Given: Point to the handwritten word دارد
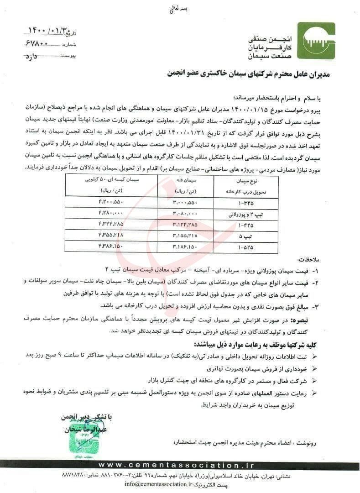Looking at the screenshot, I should pyautogui.click(x=32, y=56).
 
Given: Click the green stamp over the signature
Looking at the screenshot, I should pyautogui.click(x=80, y=432).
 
